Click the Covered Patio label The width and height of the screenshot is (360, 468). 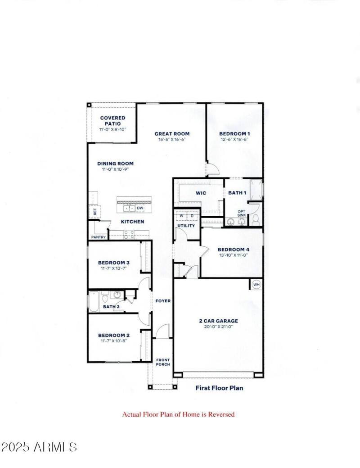[112, 121]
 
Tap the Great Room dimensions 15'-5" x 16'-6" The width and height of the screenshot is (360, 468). [172, 140]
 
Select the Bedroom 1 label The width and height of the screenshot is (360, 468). [234, 133]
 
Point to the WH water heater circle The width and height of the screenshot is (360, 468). [256, 284]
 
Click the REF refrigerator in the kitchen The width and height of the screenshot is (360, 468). [95, 211]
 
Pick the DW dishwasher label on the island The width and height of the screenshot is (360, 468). [140, 208]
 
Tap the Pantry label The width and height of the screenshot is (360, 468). [99, 237]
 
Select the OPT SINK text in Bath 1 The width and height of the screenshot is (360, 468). [242, 213]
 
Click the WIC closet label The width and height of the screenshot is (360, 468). [201, 193]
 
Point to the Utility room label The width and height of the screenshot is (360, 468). [186, 225]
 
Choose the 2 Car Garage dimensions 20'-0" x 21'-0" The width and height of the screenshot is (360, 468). [218, 327]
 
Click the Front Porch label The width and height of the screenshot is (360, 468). [162, 362]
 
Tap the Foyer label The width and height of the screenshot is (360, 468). [163, 301]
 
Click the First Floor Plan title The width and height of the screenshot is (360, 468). [219, 387]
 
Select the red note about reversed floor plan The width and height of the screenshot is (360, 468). [179, 414]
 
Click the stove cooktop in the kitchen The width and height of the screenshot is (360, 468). [129, 233]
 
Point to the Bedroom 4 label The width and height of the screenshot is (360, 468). [233, 250]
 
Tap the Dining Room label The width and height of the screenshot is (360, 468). [115, 164]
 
